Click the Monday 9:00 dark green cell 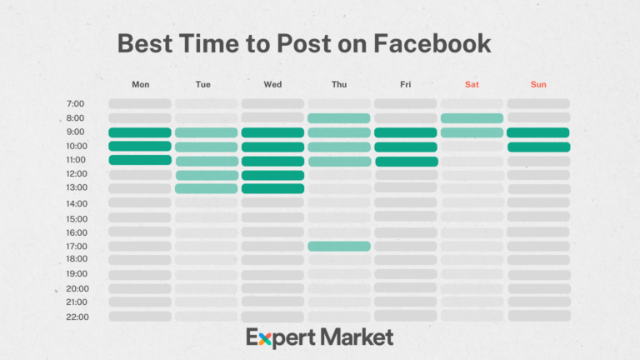pyautogui.click(x=139, y=132)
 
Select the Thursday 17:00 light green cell pyautogui.click(x=339, y=246)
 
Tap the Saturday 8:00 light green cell pyautogui.click(x=472, y=118)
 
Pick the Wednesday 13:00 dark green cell pyautogui.click(x=272, y=188)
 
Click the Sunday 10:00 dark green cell pyautogui.click(x=538, y=147)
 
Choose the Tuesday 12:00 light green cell pyautogui.click(x=206, y=175)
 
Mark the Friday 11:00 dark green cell pyautogui.click(x=406, y=161)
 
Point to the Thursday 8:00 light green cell pyautogui.click(x=339, y=118)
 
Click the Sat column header pyautogui.click(x=472, y=84)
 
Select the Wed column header pyautogui.click(x=272, y=84)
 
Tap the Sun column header pyautogui.click(x=538, y=84)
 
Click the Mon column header pyautogui.click(x=140, y=84)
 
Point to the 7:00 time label pyautogui.click(x=75, y=104)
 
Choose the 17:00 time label pyautogui.click(x=76, y=247)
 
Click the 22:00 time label pyautogui.click(x=76, y=317)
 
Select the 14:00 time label pyautogui.click(x=76, y=203)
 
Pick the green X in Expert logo pyautogui.click(x=266, y=337)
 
